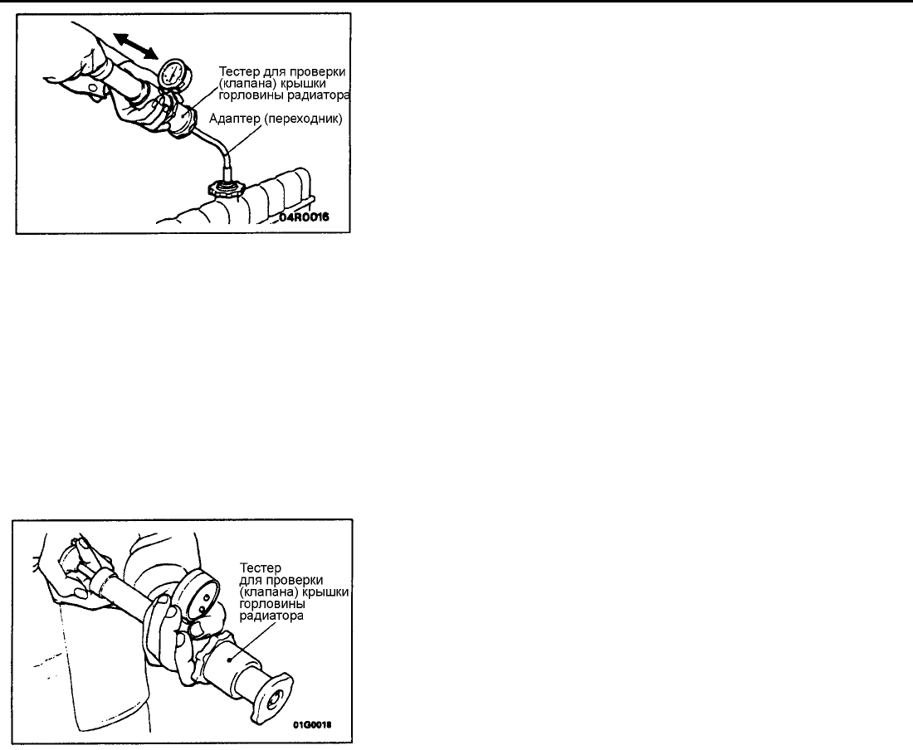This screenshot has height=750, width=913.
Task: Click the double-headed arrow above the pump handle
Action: pos(135,46)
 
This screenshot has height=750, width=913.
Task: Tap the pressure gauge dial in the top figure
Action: pos(172,73)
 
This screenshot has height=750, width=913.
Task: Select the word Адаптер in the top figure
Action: pos(235,119)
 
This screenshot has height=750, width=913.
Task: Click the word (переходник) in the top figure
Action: pos(303,119)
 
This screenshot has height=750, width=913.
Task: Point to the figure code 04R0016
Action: pos(303,217)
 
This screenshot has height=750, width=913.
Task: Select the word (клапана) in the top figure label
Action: pos(244,83)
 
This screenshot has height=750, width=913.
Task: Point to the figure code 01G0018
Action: pos(313,725)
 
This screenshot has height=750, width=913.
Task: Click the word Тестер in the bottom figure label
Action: pos(261,567)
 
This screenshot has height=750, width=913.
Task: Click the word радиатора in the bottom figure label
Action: pos(271,616)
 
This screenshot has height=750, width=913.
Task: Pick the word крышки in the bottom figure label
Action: pos(329,592)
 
